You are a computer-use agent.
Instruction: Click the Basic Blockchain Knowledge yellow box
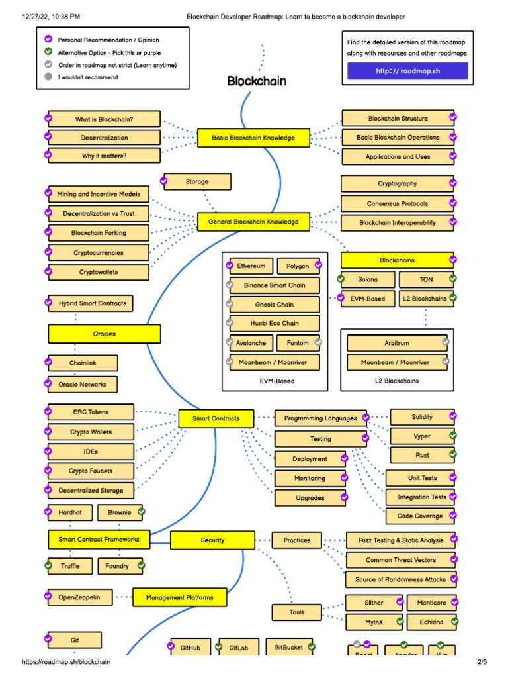(253, 138)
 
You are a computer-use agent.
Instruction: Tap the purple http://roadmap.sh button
(407, 71)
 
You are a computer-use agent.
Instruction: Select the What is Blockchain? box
(104, 119)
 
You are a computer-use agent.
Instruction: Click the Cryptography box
(397, 183)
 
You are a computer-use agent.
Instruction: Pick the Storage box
(197, 181)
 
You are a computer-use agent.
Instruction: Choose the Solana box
(368, 279)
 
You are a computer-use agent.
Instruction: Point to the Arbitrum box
(397, 343)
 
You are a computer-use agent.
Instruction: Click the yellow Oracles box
(104, 334)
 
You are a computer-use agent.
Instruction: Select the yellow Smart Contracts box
(216, 418)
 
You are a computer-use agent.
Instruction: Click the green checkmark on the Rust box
(453, 454)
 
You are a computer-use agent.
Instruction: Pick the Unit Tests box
(422, 477)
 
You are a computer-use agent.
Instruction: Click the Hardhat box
(70, 512)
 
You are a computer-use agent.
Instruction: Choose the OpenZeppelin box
(79, 597)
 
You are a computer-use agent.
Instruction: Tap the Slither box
(374, 603)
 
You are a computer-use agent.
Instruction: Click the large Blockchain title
(257, 81)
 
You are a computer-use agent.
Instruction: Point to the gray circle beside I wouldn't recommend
(48, 77)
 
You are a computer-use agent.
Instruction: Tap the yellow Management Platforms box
(180, 597)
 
